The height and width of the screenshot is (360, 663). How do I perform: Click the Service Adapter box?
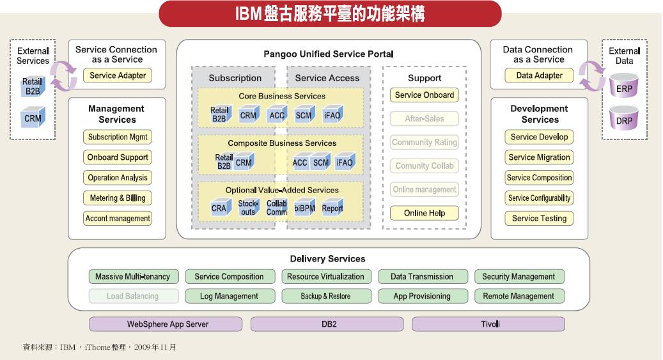(118, 75)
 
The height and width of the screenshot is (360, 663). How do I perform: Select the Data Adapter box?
(539, 75)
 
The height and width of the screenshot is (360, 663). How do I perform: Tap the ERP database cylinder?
(624, 87)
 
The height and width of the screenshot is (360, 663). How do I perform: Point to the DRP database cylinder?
(624, 119)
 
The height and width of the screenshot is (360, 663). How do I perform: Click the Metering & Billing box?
(117, 198)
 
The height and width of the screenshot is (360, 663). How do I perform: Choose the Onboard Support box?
(117, 157)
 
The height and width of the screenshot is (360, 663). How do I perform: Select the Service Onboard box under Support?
(425, 95)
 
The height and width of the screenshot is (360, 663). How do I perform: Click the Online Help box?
(425, 213)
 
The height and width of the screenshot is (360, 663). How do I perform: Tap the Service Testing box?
(539, 219)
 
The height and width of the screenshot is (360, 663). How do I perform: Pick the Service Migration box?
(539, 157)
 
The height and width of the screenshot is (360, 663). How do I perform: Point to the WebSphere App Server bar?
(168, 324)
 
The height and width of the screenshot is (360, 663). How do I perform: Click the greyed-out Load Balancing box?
(132, 296)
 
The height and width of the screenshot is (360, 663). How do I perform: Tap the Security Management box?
(519, 277)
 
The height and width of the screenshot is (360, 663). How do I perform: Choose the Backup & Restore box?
(325, 296)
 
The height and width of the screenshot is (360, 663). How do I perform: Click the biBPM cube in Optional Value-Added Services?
(304, 208)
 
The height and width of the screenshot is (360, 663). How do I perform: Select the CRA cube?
(219, 208)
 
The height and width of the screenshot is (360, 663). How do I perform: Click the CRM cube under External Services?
(33, 118)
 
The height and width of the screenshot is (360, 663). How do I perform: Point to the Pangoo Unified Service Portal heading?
(328, 54)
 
